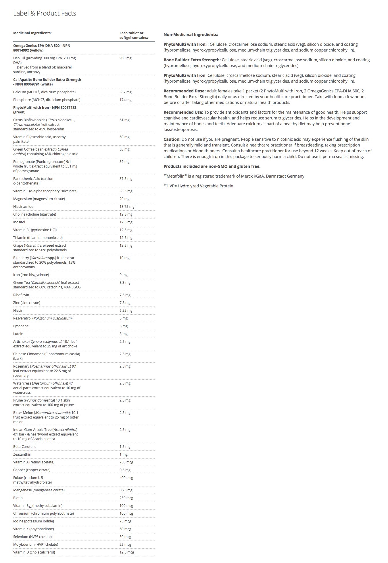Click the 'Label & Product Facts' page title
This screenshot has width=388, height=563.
(45, 13)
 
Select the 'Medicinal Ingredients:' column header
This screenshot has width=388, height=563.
(32, 33)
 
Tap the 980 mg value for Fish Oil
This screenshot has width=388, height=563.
(125, 58)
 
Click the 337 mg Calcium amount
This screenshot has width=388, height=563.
(125, 92)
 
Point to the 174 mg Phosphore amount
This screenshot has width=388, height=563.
(125, 100)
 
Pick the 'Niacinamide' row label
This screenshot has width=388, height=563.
(23, 207)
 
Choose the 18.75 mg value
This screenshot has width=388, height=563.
(127, 207)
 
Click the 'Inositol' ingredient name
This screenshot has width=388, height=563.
(19, 222)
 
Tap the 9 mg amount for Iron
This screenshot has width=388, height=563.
(124, 275)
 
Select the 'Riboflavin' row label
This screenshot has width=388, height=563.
(21, 295)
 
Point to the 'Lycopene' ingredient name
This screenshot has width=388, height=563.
(21, 326)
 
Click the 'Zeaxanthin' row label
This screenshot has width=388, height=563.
(22, 454)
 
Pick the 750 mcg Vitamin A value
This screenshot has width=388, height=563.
(126, 462)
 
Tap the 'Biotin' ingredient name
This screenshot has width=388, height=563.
(18, 498)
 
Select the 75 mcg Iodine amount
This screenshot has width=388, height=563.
(125, 521)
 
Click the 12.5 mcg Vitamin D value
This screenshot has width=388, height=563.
(127, 552)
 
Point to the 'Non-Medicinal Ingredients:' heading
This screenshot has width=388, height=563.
(191, 35)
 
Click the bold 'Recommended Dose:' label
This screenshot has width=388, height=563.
(185, 91)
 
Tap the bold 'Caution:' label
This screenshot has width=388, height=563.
(172, 139)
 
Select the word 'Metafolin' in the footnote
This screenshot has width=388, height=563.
(175, 176)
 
